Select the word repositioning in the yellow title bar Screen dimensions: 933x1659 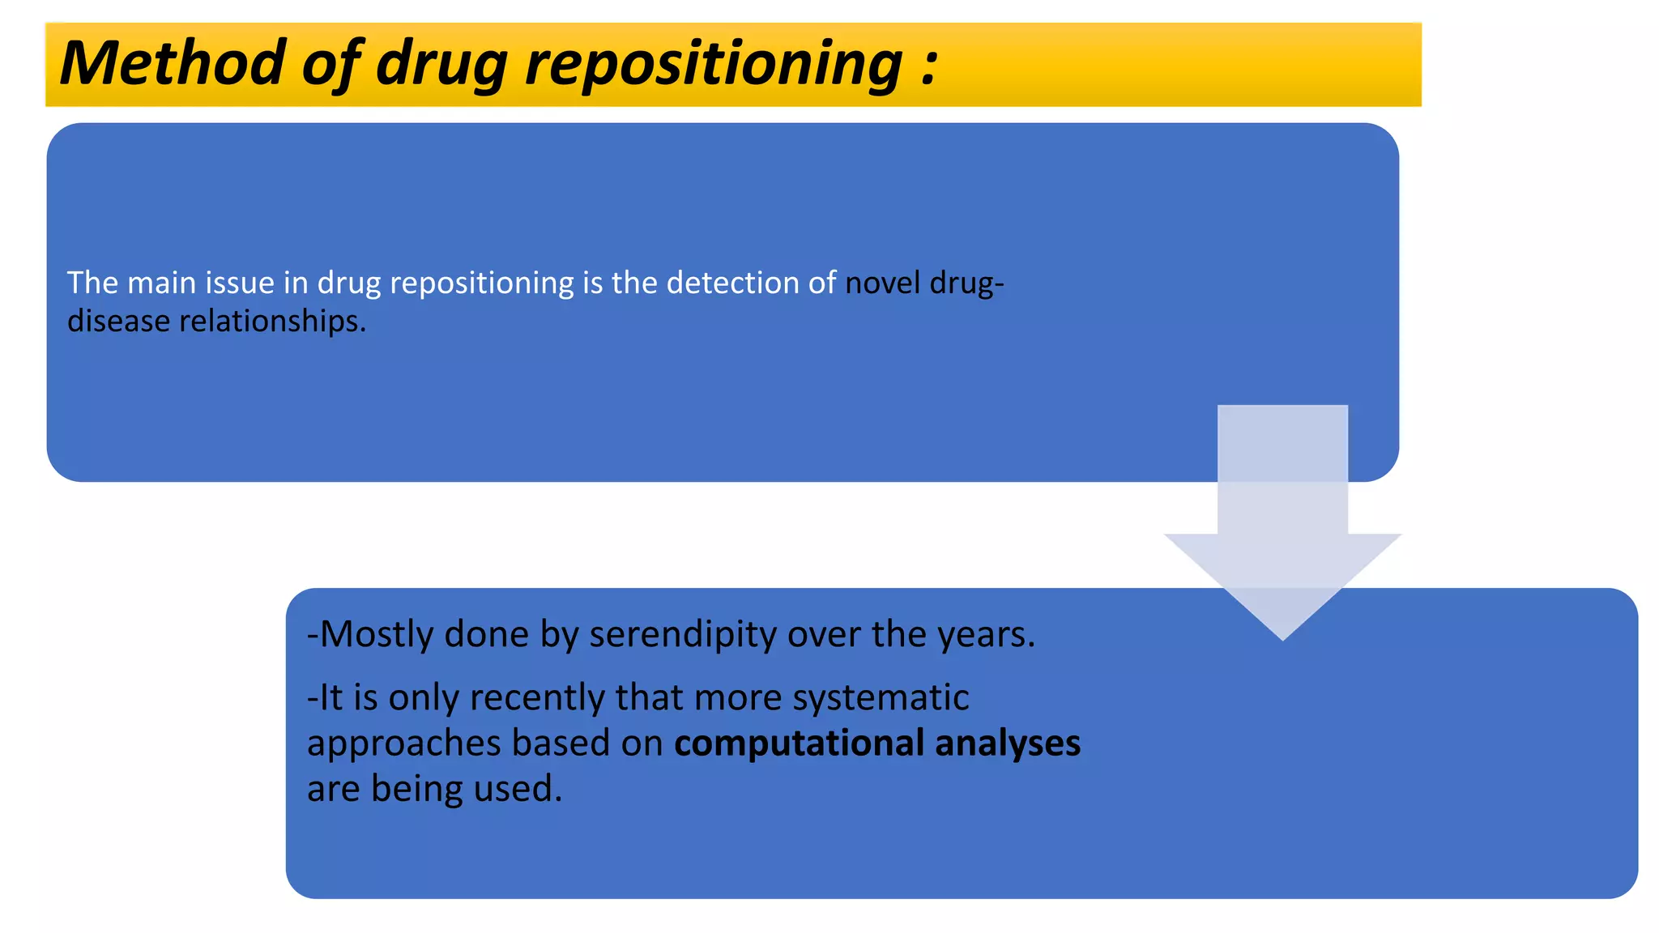click(713, 65)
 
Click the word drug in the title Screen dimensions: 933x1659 click(441, 65)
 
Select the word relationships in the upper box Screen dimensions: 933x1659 click(271, 322)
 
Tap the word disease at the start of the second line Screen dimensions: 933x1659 click(118, 322)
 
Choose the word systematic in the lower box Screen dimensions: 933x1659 click(880, 697)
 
